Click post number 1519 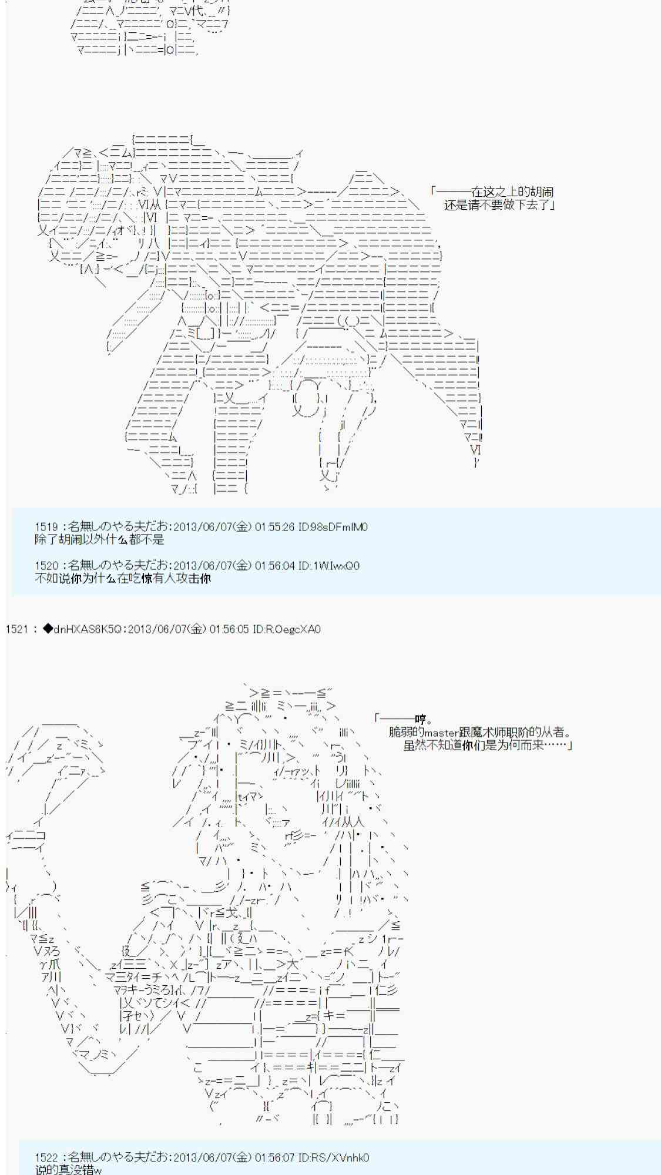point(46,527)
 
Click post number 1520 point(46,566)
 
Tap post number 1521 point(16,629)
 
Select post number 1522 point(46,1157)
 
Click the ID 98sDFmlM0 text point(333,527)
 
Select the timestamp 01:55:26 point(274,527)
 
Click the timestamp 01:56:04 point(274,566)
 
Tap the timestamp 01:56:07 point(274,1157)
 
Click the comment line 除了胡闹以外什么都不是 point(99,539)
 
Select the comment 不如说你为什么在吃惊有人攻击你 point(122,578)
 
